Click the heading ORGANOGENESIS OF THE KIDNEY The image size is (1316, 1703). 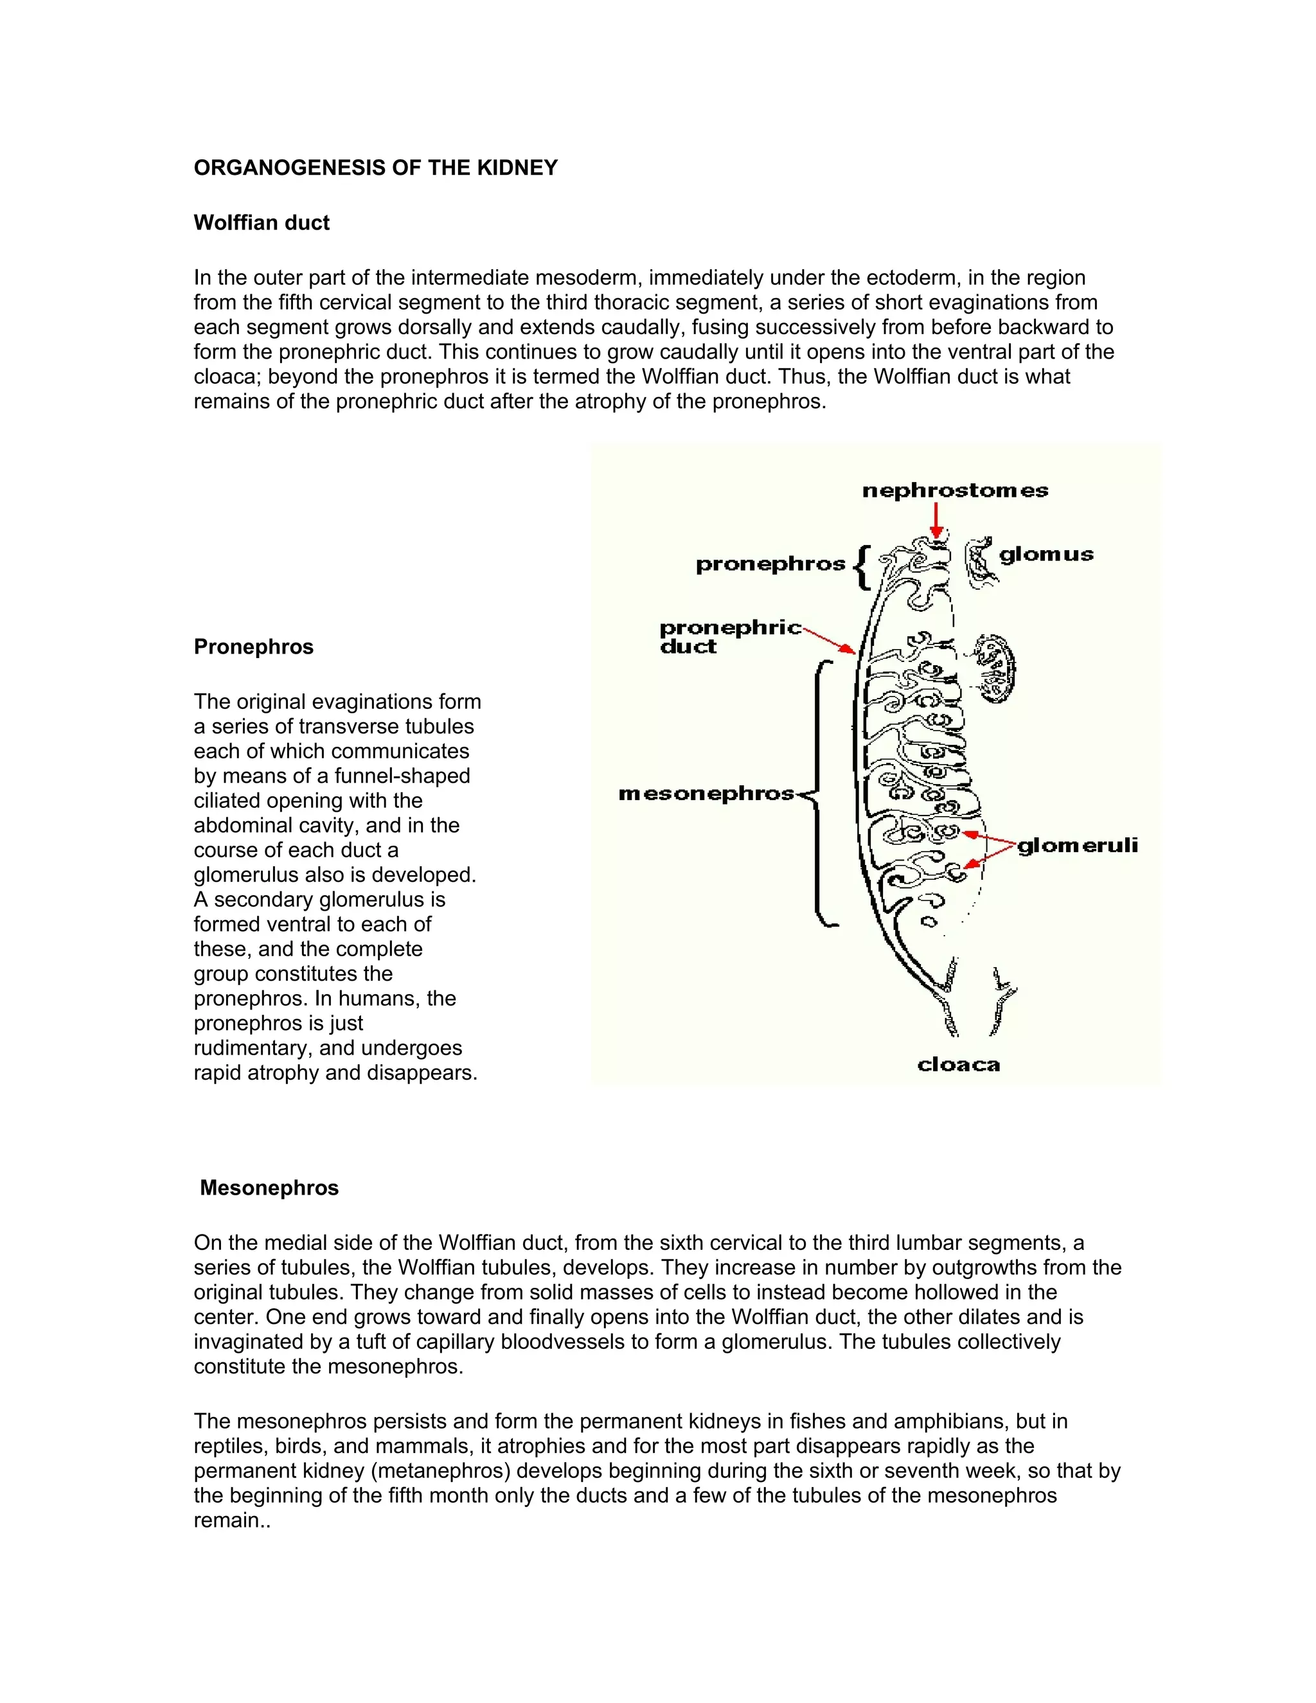click(375, 168)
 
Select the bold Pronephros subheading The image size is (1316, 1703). click(253, 647)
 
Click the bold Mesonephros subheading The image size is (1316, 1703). click(269, 1188)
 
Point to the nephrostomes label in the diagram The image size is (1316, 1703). click(954, 490)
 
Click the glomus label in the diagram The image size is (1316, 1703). click(1045, 555)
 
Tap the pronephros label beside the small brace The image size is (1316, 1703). click(770, 564)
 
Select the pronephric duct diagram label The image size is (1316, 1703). click(729, 637)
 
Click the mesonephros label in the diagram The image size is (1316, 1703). click(706, 794)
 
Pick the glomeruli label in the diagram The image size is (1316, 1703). click(1078, 845)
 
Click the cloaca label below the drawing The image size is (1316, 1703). click(958, 1065)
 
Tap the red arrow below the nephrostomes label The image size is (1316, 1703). click(937, 520)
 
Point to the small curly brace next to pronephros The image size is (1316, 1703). click(862, 567)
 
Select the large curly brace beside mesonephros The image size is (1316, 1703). click(820, 794)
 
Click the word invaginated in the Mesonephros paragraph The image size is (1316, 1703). click(245, 1342)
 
